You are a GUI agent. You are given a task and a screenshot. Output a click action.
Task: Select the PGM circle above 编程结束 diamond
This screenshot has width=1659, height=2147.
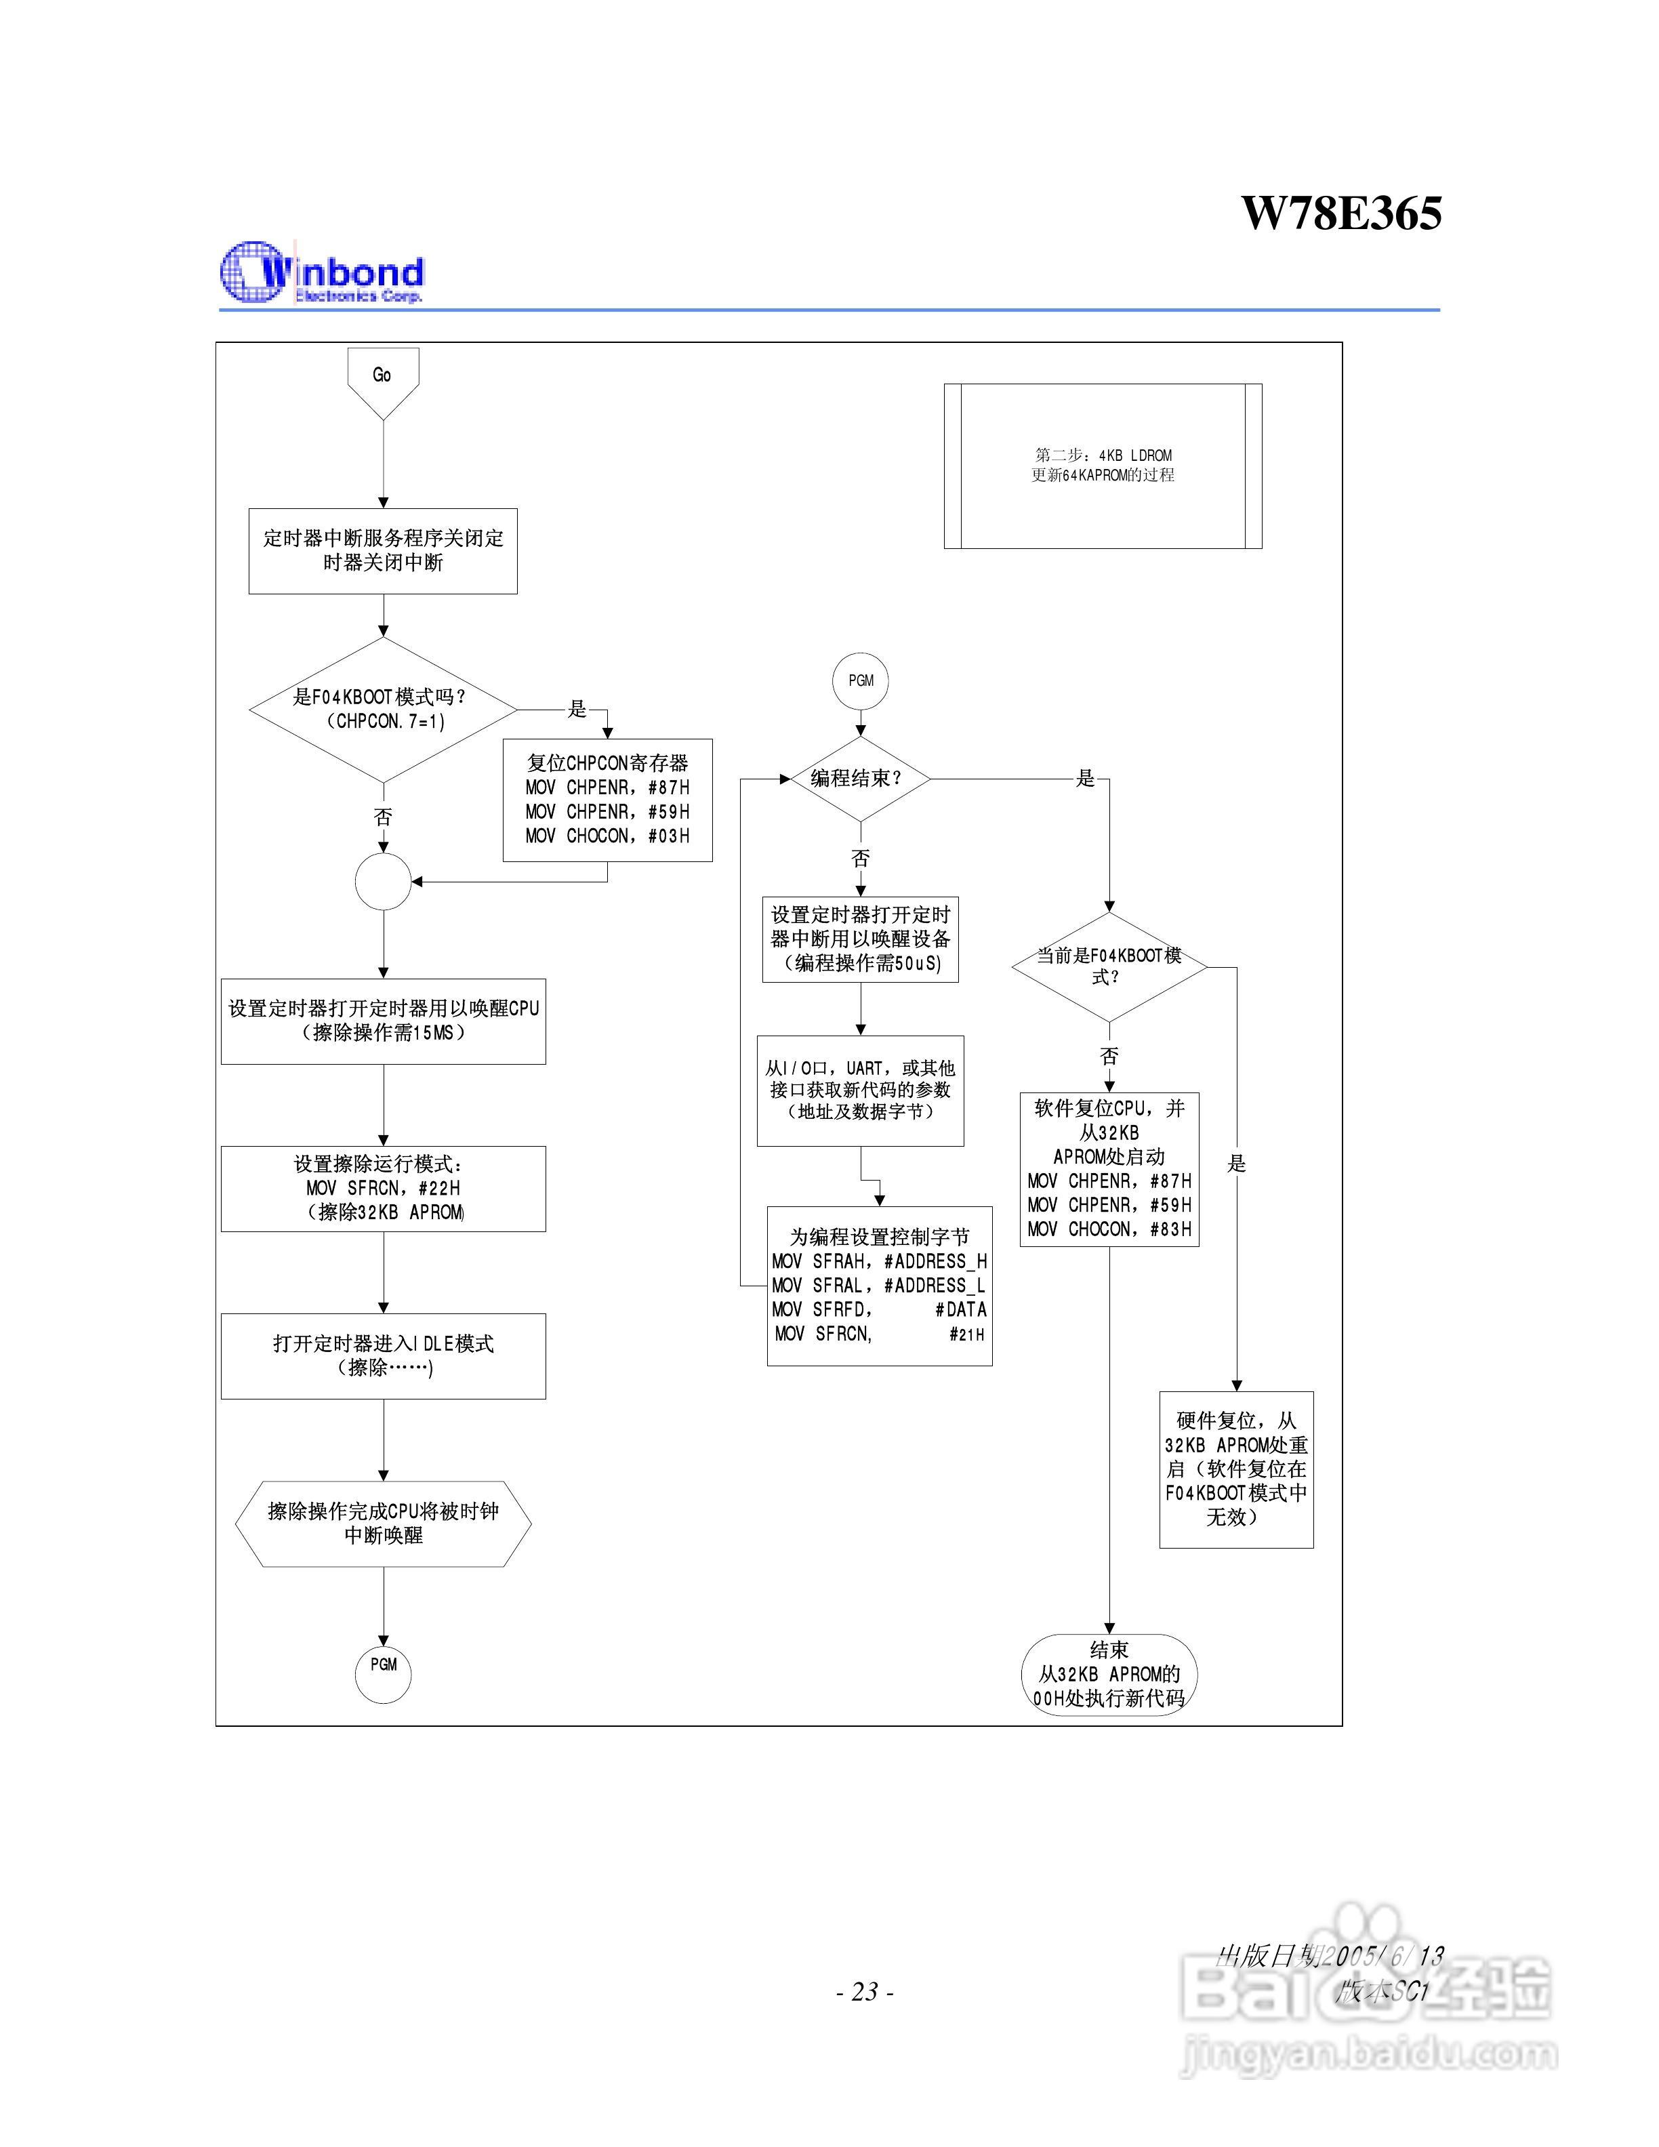pyautogui.click(x=860, y=680)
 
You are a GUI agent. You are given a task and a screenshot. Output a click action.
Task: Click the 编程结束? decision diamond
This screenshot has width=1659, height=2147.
pyautogui.click(x=860, y=779)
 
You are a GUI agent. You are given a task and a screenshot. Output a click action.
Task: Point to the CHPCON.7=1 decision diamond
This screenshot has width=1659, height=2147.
pyautogui.click(x=384, y=709)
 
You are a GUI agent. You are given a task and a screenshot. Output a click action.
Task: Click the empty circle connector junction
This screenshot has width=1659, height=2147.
pyautogui.click(x=384, y=881)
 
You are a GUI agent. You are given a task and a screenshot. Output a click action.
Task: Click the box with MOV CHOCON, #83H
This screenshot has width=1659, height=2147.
pyautogui.click(x=1109, y=1169)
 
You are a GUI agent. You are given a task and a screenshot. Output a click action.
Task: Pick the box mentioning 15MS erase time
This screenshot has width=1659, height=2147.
pyautogui.click(x=384, y=1021)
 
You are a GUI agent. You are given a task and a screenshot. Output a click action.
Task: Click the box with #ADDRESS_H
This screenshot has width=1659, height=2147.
pyautogui.click(x=879, y=1285)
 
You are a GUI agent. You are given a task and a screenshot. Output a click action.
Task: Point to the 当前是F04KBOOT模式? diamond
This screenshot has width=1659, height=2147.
pyautogui.click(x=1109, y=966)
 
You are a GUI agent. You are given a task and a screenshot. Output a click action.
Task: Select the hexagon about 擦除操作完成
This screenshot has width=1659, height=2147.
pyautogui.click(x=384, y=1523)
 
